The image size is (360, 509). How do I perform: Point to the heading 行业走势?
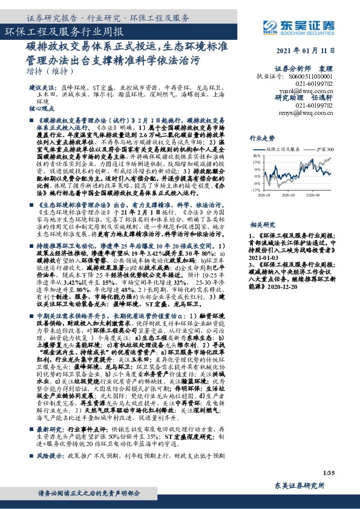click(x=261, y=137)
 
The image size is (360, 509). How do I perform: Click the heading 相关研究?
click(x=261, y=224)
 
